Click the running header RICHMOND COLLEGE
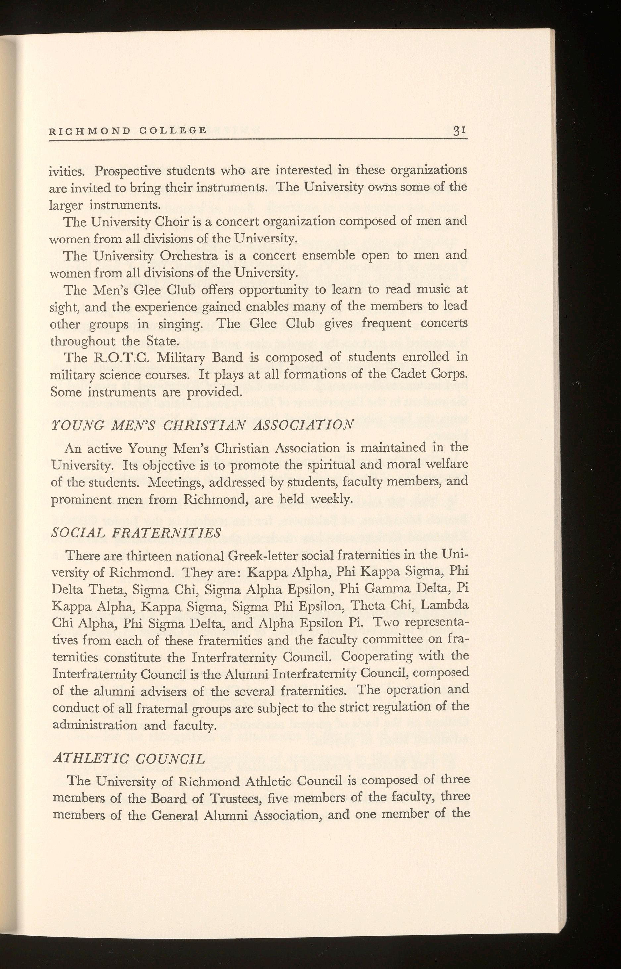[128, 130]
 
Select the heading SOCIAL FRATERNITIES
[137, 533]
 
